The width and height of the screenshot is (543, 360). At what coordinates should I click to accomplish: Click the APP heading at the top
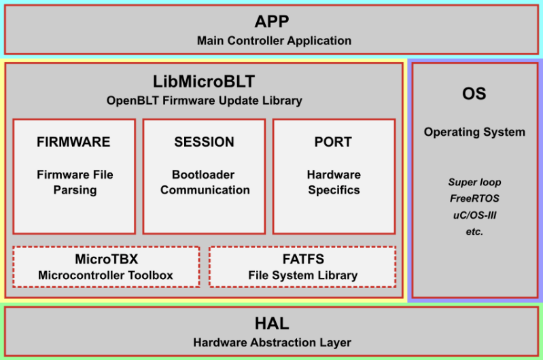pyautogui.click(x=272, y=21)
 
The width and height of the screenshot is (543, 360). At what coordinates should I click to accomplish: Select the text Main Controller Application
pyautogui.click(x=274, y=41)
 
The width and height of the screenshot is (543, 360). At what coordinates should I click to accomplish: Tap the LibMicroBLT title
pyautogui.click(x=204, y=82)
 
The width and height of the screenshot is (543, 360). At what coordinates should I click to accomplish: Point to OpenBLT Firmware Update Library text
pyautogui.click(x=204, y=101)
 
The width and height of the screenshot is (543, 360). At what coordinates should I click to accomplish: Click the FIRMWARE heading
pyautogui.click(x=73, y=142)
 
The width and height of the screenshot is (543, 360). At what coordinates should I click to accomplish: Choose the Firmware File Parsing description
pyautogui.click(x=75, y=182)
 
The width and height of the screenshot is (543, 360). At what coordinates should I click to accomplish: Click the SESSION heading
pyautogui.click(x=204, y=142)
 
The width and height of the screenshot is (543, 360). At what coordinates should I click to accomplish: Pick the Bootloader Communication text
pyautogui.click(x=205, y=182)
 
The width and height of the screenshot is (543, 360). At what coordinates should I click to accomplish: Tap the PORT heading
pyautogui.click(x=333, y=142)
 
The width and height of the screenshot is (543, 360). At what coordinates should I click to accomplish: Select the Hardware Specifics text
pyautogui.click(x=334, y=182)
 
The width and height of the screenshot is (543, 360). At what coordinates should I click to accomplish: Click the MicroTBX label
pyautogui.click(x=105, y=259)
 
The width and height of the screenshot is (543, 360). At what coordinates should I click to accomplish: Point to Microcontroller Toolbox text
pyautogui.click(x=105, y=275)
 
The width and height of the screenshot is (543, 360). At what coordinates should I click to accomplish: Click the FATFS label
pyautogui.click(x=302, y=259)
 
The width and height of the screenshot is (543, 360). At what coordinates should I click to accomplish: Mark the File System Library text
pyautogui.click(x=302, y=275)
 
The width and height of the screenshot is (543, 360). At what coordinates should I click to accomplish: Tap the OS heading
pyautogui.click(x=474, y=94)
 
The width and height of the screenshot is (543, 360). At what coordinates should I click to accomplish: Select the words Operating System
pyautogui.click(x=474, y=132)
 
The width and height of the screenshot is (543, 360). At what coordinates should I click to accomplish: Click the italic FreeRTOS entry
pyautogui.click(x=474, y=198)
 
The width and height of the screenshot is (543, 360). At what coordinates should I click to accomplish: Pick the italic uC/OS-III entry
pyautogui.click(x=474, y=215)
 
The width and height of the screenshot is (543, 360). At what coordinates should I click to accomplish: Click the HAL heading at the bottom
pyautogui.click(x=272, y=323)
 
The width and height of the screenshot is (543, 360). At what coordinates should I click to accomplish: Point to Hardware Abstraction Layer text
pyautogui.click(x=272, y=342)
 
